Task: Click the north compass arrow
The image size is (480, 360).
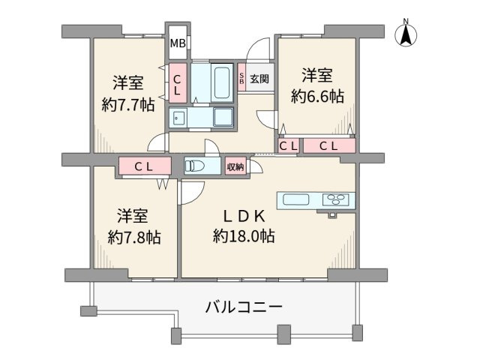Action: pyautogui.click(x=406, y=33)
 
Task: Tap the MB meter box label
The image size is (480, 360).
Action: pyautogui.click(x=177, y=43)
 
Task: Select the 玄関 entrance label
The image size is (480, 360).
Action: pyautogui.click(x=259, y=77)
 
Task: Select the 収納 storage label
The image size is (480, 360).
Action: pyautogui.click(x=235, y=166)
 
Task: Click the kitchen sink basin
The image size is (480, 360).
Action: pyautogui.click(x=293, y=199)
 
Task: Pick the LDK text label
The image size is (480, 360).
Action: pyautogui.click(x=238, y=216)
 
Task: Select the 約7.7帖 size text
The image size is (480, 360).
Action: pyautogui.click(x=128, y=104)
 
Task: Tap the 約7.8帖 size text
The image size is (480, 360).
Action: pyautogui.click(x=134, y=237)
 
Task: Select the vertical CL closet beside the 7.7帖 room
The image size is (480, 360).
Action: pyautogui.click(x=177, y=82)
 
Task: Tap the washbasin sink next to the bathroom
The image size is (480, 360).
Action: pyautogui.click(x=178, y=117)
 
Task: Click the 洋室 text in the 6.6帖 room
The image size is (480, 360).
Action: pyautogui.click(x=317, y=75)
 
